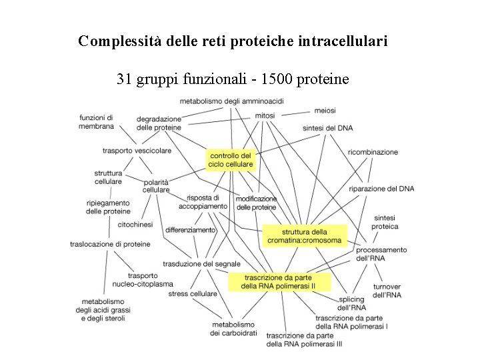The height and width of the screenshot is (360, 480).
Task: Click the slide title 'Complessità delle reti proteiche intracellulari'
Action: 233,41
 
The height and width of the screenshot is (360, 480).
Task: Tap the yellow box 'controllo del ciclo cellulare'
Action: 231,160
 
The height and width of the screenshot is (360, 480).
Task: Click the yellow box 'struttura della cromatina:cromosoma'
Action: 304,236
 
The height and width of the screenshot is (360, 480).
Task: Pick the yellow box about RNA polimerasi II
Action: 279,282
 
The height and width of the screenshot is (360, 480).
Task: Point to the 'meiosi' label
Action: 325,110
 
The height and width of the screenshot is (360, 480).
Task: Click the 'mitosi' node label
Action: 265,115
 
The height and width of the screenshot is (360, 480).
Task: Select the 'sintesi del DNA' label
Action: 327,127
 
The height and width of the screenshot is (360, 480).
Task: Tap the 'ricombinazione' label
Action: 373,152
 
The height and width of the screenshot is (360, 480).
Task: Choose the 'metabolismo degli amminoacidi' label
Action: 232,101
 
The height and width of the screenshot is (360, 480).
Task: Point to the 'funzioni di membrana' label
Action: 96,121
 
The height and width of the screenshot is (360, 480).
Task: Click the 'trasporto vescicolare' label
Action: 137,151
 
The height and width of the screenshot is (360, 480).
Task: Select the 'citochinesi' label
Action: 135,225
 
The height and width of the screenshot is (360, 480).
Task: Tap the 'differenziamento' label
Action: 191,230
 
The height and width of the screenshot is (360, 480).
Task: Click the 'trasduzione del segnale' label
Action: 201,264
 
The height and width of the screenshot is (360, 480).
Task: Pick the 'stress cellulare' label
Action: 193,293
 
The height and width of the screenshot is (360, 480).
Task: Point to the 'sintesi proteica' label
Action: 385,222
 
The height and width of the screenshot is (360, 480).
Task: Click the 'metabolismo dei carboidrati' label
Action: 233,329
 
